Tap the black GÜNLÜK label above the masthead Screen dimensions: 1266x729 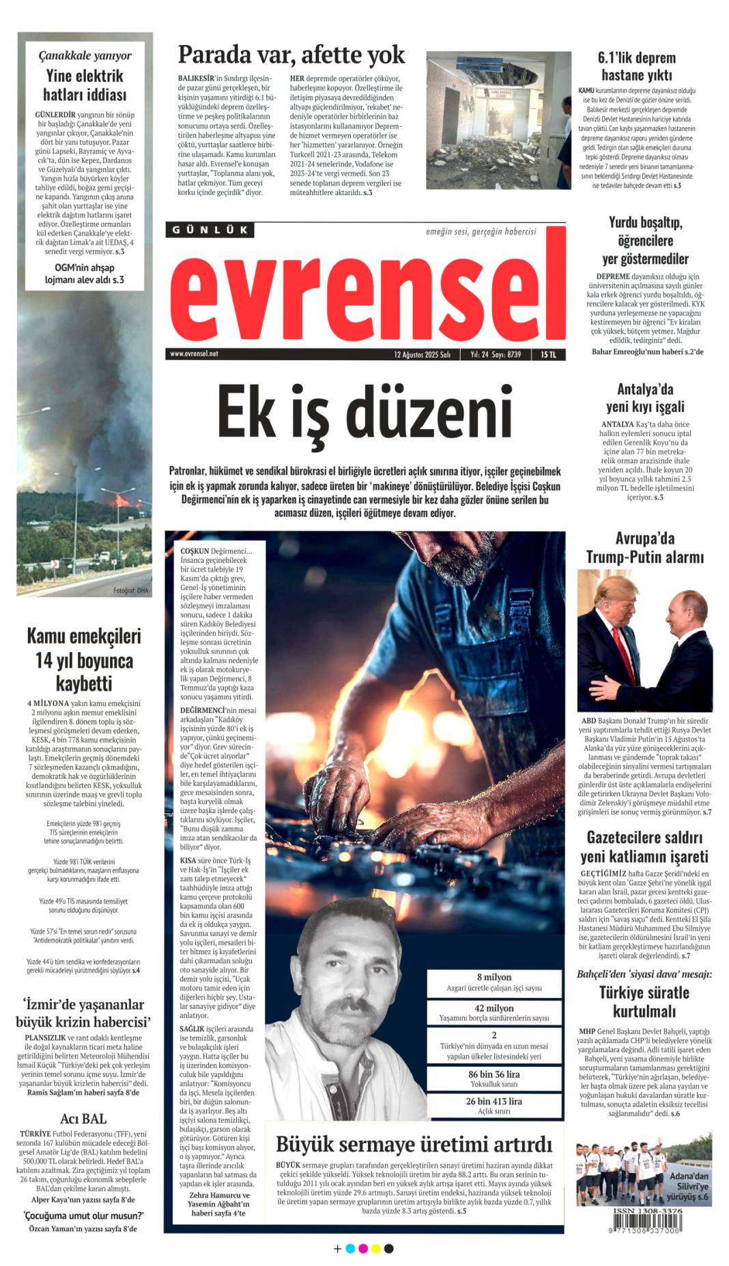[x=210, y=230]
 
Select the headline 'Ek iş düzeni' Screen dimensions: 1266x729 [x=364, y=413]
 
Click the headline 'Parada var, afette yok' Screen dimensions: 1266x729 [x=291, y=55]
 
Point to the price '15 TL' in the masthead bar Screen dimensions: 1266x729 [x=548, y=355]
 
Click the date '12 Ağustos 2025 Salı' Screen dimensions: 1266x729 [x=422, y=355]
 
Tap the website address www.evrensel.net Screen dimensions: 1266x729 [x=194, y=354]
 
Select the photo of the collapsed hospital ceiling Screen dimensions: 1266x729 [x=498, y=121]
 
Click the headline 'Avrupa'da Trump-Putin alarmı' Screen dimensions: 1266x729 [x=644, y=548]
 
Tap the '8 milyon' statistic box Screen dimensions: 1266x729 [x=494, y=982]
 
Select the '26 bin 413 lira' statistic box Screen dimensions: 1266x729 [x=494, y=1106]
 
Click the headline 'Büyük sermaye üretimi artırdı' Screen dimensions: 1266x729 [x=414, y=1144]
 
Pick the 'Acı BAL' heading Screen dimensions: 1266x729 [x=83, y=1119]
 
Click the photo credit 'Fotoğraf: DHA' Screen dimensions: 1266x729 [x=130, y=591]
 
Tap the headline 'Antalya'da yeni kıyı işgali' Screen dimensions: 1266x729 [x=644, y=398]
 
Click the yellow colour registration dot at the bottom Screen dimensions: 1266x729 [x=375, y=1249]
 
